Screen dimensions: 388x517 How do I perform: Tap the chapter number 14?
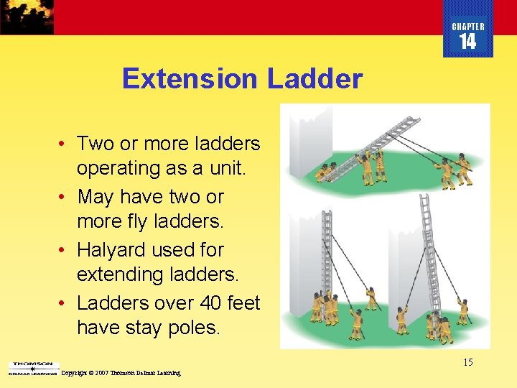[467, 42]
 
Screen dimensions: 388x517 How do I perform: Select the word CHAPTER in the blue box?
[467, 27]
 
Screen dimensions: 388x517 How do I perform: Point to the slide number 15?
[467, 362]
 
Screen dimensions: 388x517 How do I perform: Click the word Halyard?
[112, 250]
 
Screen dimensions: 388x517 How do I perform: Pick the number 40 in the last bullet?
[202, 303]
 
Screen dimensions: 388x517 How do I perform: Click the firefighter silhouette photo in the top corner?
[27, 17]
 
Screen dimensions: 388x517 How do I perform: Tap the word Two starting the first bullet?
[96, 144]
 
